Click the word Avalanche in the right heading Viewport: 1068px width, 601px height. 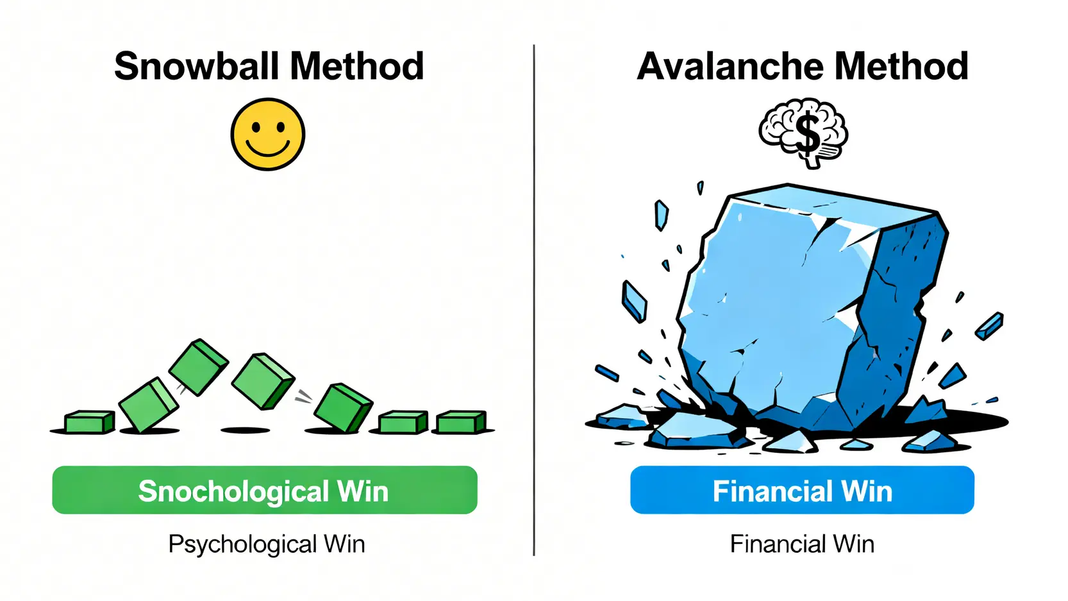click(x=730, y=66)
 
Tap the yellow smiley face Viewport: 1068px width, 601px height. click(x=267, y=134)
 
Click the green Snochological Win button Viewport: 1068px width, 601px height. click(x=265, y=490)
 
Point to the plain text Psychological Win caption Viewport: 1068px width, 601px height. click(x=267, y=545)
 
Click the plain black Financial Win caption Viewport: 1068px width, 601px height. click(x=802, y=545)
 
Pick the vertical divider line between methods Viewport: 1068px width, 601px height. click(x=534, y=300)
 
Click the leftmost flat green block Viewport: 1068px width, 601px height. click(x=90, y=421)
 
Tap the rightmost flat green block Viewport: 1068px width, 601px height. click(x=461, y=421)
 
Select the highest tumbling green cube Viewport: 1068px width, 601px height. click(x=198, y=367)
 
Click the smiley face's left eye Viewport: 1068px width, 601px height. click(x=256, y=128)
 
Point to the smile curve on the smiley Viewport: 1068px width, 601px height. click(x=267, y=149)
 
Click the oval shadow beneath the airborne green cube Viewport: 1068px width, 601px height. click(x=245, y=430)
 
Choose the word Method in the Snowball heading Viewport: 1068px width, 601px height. click(x=356, y=66)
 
